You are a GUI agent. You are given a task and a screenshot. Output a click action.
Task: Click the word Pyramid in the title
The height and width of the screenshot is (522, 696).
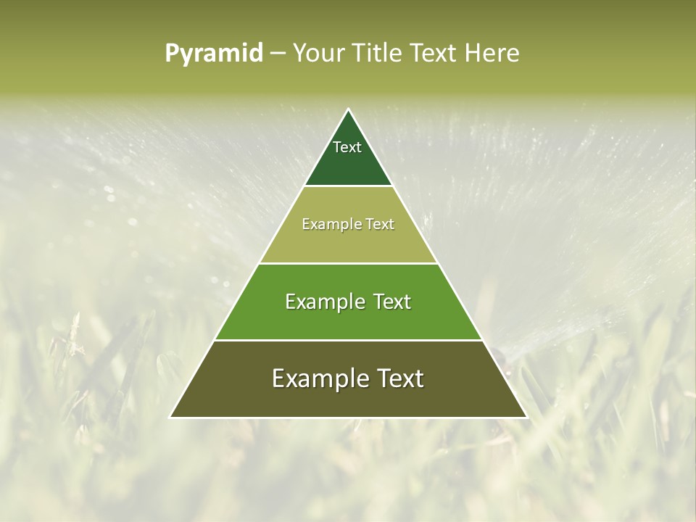(213, 54)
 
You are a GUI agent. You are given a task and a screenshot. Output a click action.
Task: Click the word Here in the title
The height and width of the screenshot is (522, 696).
(492, 53)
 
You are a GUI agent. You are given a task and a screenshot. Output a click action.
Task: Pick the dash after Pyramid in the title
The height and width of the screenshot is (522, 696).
(277, 54)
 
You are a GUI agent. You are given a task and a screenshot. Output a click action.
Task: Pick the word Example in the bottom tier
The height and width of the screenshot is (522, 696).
(320, 378)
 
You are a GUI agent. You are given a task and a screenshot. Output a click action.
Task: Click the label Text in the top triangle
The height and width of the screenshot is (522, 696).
(347, 147)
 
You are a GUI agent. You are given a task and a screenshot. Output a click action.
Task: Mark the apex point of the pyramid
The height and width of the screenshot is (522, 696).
(348, 109)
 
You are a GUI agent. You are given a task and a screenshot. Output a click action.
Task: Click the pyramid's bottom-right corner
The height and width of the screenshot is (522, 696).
(526, 417)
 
